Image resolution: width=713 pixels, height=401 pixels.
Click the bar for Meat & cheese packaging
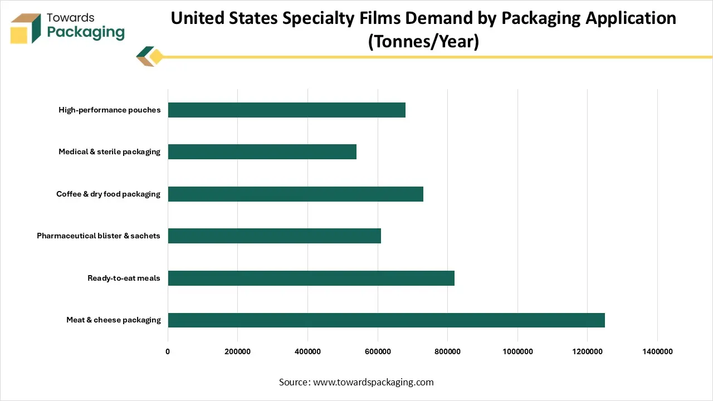point(386,320)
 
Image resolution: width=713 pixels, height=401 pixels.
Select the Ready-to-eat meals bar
point(311,278)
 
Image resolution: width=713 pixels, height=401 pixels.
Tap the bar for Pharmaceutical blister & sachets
point(274,236)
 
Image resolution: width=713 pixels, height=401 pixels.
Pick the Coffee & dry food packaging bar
point(295,194)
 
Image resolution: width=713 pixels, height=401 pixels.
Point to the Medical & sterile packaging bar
point(262,151)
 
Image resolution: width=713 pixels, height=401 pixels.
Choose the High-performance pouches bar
point(286,110)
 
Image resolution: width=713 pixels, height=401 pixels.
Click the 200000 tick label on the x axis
point(237,351)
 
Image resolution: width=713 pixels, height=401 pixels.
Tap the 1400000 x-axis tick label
point(657,351)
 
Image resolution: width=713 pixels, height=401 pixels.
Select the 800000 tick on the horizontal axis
point(447,351)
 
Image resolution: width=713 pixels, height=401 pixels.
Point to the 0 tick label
point(168,351)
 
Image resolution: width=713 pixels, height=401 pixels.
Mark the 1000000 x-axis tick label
point(517,351)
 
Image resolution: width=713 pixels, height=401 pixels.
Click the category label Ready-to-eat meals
point(124,278)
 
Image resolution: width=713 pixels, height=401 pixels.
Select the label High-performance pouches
point(109,110)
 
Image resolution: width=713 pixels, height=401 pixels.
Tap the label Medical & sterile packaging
point(109,151)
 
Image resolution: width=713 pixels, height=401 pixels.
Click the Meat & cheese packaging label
point(113,320)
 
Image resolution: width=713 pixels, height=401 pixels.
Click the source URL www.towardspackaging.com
point(373,382)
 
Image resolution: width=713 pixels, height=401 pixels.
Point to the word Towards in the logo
point(70,18)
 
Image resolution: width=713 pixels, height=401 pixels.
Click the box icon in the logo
point(26,28)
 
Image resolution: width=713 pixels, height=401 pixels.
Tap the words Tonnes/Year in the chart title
point(423,41)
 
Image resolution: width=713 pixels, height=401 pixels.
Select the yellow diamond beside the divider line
point(157,57)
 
